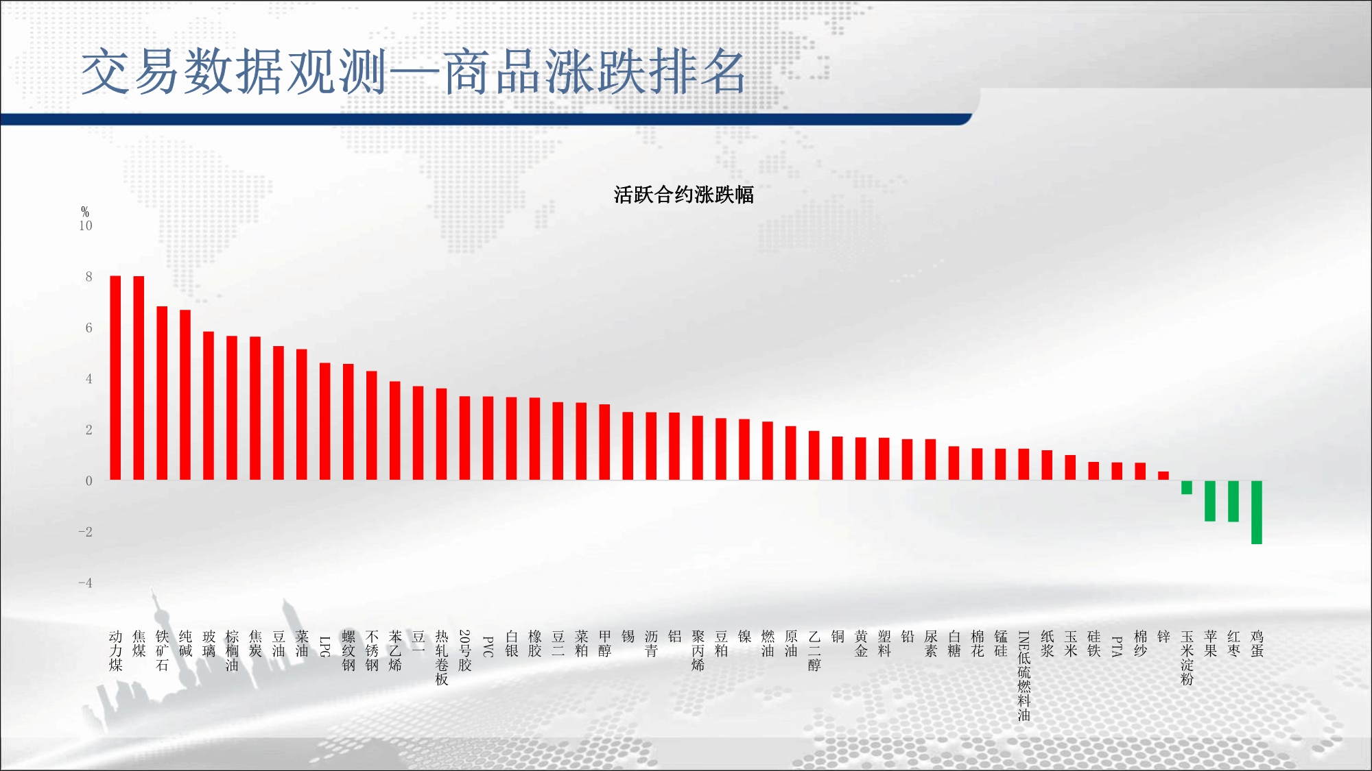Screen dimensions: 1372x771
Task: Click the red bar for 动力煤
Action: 115,378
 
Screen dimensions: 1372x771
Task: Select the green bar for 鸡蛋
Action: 1257,512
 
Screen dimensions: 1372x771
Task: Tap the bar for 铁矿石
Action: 162,393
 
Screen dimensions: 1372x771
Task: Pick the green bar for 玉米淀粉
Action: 1187,487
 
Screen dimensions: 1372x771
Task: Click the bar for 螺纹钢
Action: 348,422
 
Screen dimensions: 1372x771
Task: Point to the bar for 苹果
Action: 1210,501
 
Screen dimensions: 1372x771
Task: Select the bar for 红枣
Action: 1233,501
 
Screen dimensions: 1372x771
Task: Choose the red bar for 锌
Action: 1163,476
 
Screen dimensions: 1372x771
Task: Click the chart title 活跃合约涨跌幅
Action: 684,195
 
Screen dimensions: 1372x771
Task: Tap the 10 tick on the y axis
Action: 86,225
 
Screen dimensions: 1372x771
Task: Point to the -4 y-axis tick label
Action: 85,583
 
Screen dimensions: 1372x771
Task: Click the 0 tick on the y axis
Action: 88,480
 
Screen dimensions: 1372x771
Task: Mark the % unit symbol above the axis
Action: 85,212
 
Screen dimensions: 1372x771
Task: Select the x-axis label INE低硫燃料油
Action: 1024,676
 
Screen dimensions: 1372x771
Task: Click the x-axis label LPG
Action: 325,646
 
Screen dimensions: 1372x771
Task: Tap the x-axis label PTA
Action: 1117,646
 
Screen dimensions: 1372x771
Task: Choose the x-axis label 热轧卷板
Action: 442,658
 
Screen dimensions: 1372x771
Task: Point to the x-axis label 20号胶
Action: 465,650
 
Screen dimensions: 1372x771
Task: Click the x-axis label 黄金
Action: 861,644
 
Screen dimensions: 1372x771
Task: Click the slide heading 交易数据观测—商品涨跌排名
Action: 413,72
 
